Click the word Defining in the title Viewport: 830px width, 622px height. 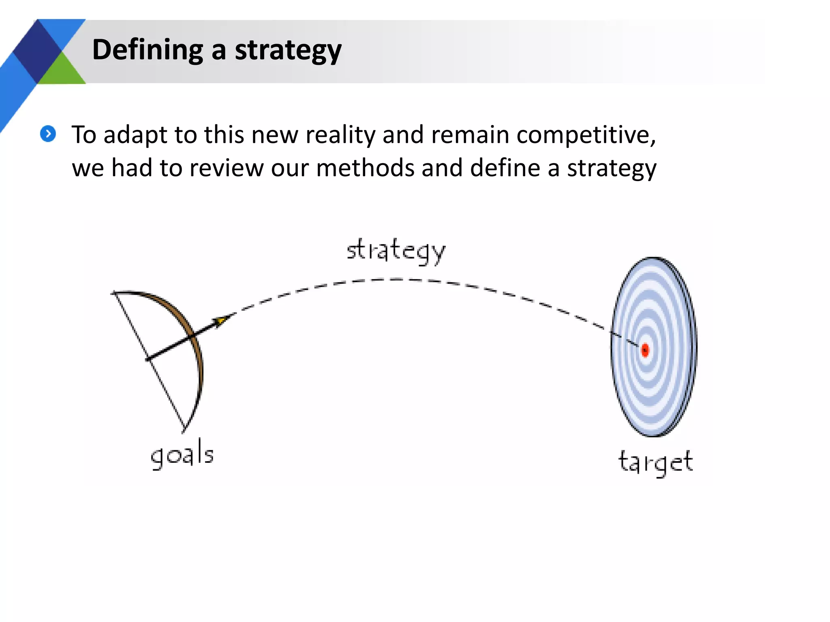pyautogui.click(x=148, y=50)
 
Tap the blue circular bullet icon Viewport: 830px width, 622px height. pyautogui.click(x=48, y=134)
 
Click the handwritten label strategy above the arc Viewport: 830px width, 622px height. pyautogui.click(x=396, y=251)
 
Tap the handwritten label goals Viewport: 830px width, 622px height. pyautogui.click(x=182, y=456)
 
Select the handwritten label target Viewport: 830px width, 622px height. pyautogui.click(x=655, y=462)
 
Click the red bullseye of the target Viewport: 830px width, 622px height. pyautogui.click(x=645, y=350)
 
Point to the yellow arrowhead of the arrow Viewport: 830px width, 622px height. pyautogui.click(x=220, y=322)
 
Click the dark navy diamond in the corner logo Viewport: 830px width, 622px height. pyautogui.click(x=37, y=51)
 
